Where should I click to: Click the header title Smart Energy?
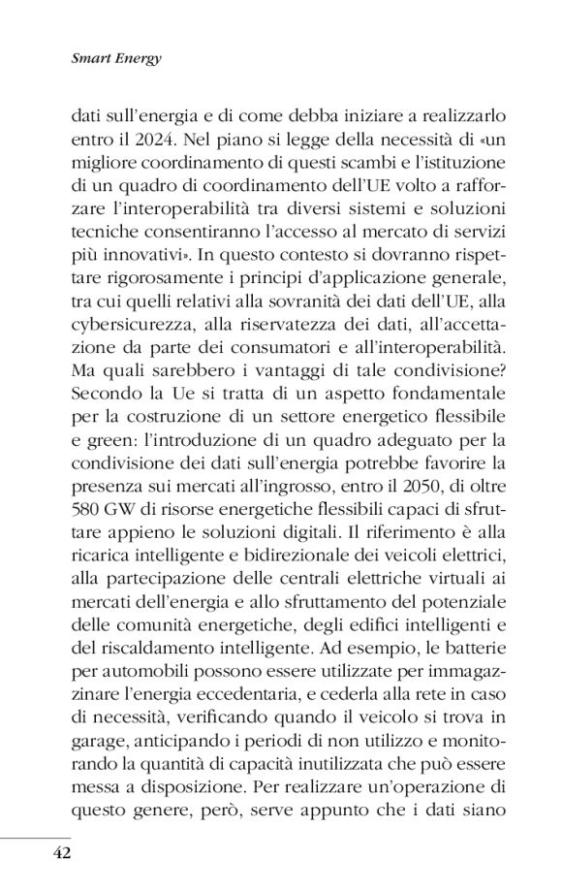coord(115,58)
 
